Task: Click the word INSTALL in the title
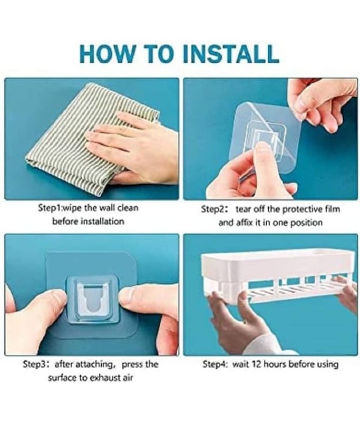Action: coord(231,53)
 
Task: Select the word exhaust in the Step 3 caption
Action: coord(105,378)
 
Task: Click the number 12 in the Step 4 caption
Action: coord(257,365)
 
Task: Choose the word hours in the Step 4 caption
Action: coord(275,365)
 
